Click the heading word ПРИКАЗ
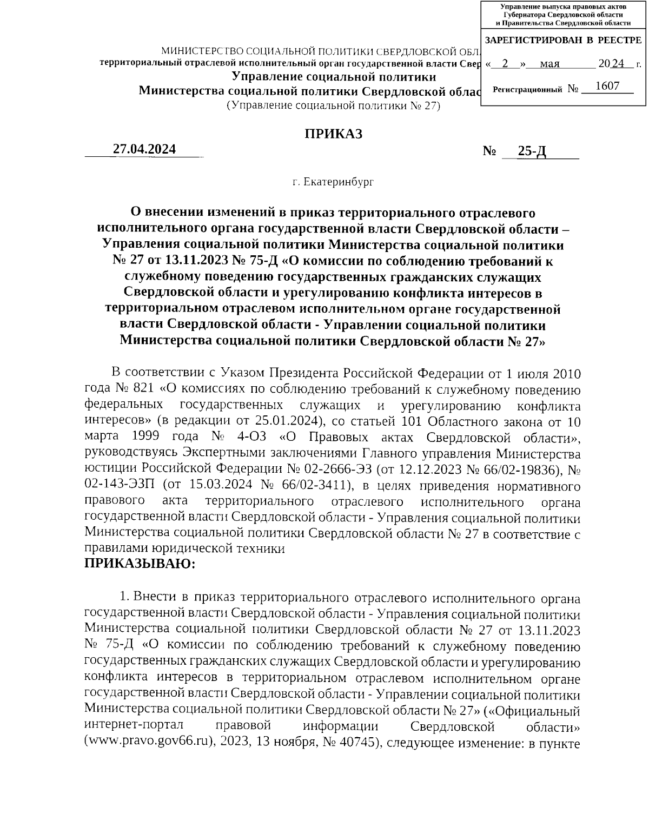point(333,134)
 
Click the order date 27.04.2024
point(144,149)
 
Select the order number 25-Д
point(532,152)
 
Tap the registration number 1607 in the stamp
point(606,87)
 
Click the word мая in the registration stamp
point(549,64)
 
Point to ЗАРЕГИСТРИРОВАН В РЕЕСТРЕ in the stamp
point(563,40)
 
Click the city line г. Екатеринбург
point(333,182)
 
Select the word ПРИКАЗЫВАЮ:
point(139,564)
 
